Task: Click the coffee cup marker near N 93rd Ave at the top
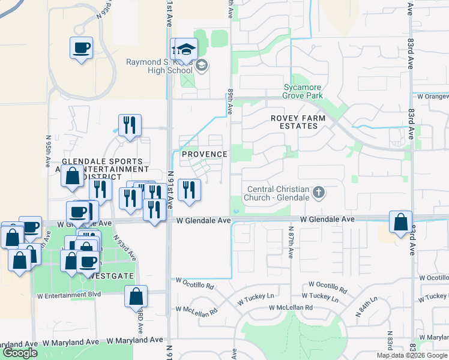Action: coord(81,48)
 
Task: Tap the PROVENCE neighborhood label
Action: coord(204,154)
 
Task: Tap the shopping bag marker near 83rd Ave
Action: coord(400,221)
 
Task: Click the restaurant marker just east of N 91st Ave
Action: coord(189,190)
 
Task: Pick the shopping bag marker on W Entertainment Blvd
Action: coord(136,296)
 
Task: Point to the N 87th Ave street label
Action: coord(291,242)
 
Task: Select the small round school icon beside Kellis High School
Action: coord(202,66)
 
